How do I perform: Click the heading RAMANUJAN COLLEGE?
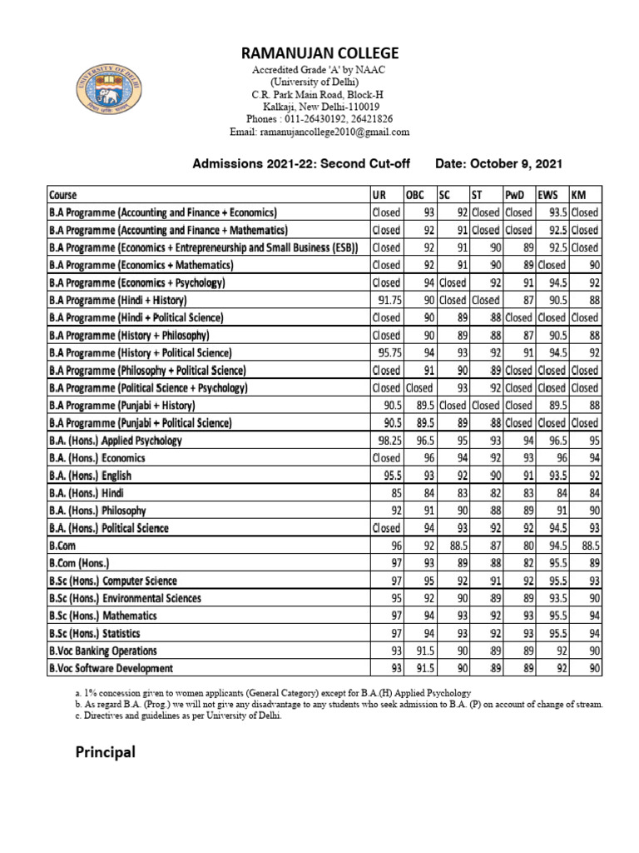[319, 53]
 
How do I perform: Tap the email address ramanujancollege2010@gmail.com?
[319, 132]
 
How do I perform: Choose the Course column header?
[63, 195]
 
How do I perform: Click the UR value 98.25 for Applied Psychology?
[388, 441]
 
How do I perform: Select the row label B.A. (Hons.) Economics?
[97, 458]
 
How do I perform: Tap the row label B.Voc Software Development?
[111, 668]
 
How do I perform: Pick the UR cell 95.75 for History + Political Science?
[388, 353]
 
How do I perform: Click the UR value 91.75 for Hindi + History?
[388, 300]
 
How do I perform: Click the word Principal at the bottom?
[105, 753]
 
